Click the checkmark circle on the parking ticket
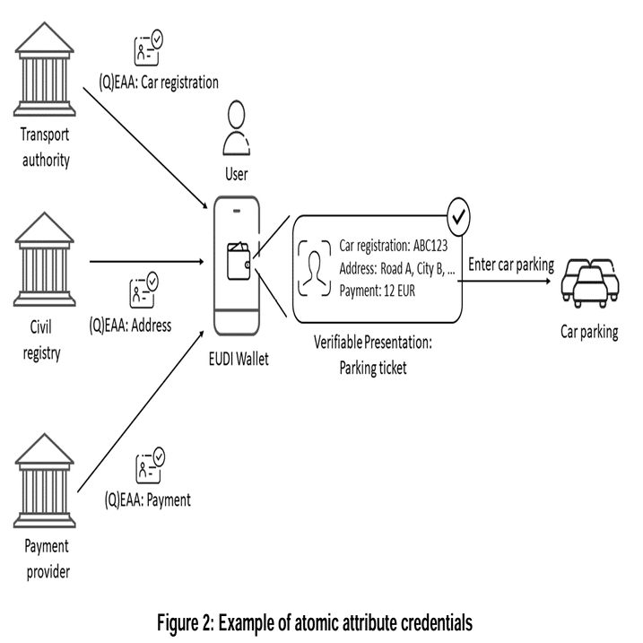click(459, 215)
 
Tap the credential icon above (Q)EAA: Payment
click(149, 466)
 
